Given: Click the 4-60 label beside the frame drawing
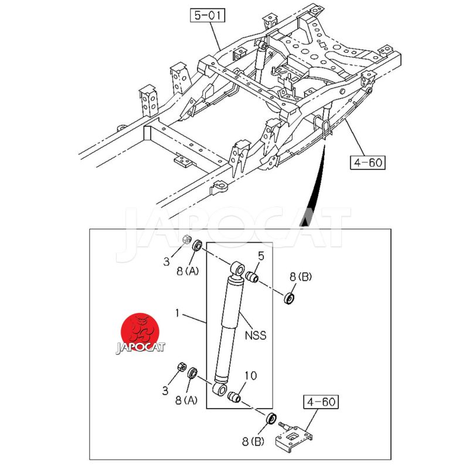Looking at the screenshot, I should point(368,161).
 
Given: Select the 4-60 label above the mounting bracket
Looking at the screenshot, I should point(321,403).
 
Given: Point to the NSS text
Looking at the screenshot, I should point(256,335).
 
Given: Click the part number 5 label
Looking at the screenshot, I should point(261,256).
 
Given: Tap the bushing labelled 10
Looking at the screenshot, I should point(236,397).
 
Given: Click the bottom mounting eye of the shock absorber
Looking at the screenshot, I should point(220,389).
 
